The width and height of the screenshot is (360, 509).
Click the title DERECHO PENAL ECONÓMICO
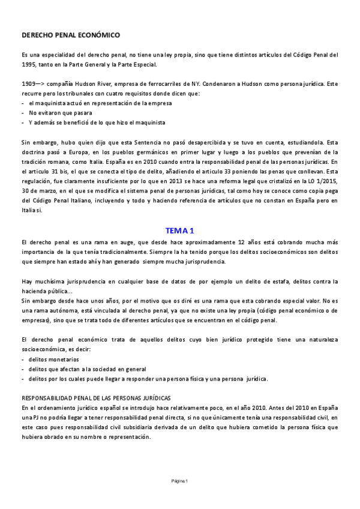coord(70,35)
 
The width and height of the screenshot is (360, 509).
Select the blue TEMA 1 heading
coord(179,230)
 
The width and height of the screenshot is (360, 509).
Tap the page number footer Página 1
coord(179,481)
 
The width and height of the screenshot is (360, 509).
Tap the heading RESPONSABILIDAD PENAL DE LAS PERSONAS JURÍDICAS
coord(96,398)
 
